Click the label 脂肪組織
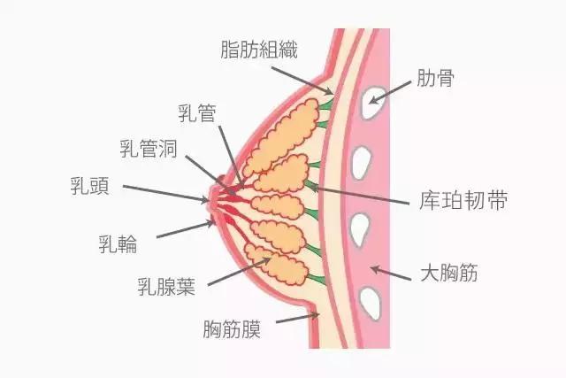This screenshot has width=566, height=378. pos(259,50)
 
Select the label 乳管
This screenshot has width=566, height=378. pos(196,113)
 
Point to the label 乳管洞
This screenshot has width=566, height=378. pos(148,148)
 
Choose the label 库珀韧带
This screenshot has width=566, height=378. pos(463,201)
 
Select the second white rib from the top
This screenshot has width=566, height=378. pos(362,163)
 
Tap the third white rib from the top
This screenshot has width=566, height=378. pos(359,231)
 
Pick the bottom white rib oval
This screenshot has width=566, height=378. pos(371,301)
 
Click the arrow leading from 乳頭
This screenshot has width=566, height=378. pos(168,192)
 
